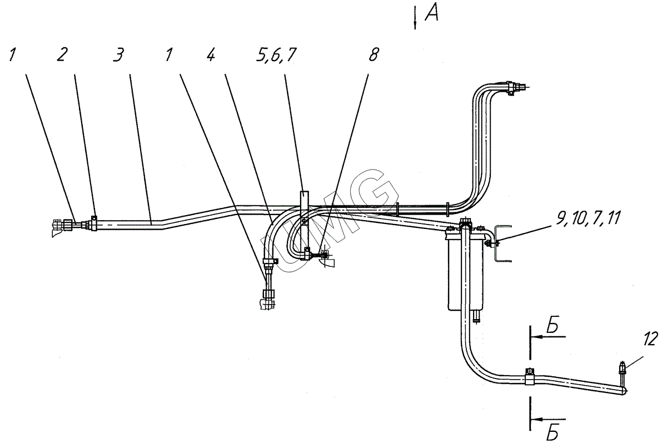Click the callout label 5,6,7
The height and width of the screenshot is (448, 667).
276,56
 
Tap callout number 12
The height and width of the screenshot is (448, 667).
650,339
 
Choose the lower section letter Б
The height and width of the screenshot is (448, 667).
552,435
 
